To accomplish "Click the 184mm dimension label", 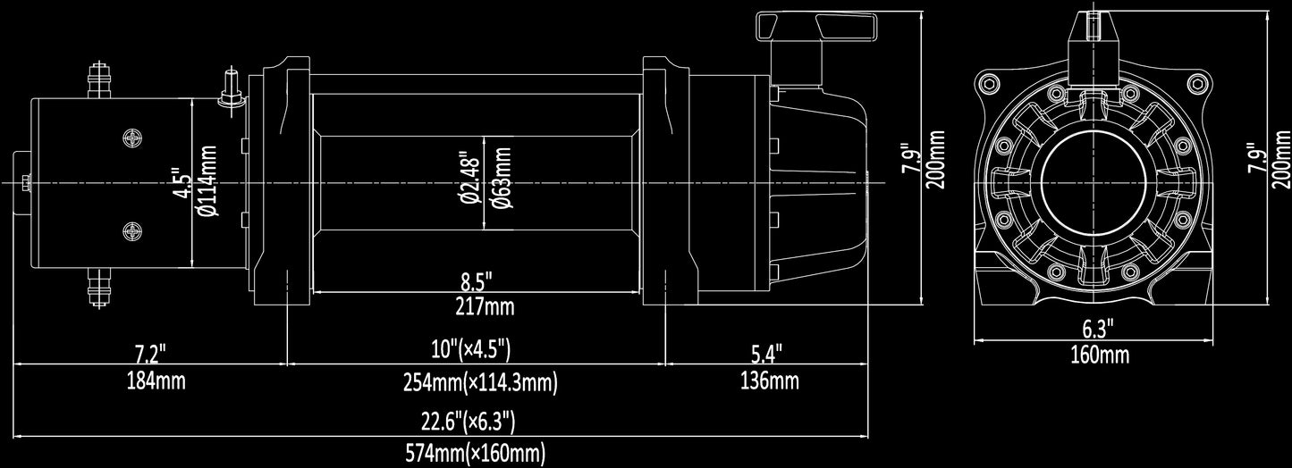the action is [x=156, y=381].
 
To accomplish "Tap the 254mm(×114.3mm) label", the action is [x=480, y=382].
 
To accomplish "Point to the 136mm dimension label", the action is [x=770, y=381].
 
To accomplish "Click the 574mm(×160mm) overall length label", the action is [x=476, y=454].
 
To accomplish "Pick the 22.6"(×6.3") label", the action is [x=468, y=422].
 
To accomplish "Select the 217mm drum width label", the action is [x=485, y=306].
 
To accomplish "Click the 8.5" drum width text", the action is [x=477, y=282].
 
